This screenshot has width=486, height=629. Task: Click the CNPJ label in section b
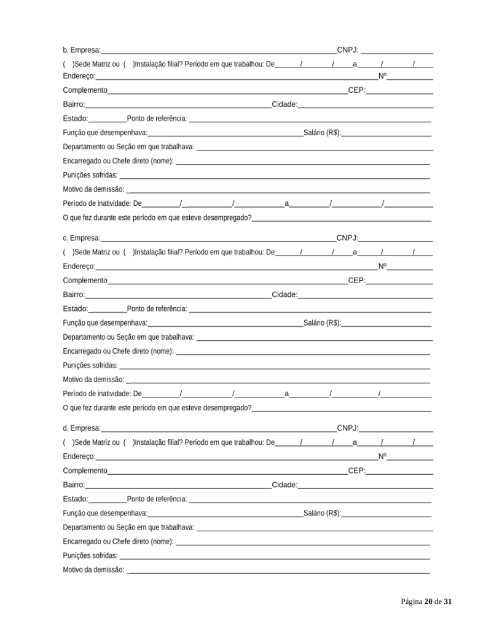[x=347, y=50]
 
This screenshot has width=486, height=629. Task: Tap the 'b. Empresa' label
[x=82, y=50]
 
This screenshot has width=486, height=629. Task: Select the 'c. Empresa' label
[x=82, y=238]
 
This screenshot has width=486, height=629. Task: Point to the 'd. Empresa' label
[x=82, y=428]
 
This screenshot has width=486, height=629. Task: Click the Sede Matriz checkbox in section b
[x=68, y=63]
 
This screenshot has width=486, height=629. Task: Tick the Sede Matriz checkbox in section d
[x=68, y=442]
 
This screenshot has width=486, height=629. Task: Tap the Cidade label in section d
[x=284, y=485]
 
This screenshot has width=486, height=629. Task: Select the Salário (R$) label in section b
[x=322, y=133]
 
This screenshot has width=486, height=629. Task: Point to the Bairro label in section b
[x=74, y=104]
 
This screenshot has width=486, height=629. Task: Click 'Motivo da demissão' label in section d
[x=93, y=570]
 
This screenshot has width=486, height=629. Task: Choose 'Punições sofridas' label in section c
[x=90, y=365]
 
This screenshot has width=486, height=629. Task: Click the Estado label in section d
[x=75, y=499]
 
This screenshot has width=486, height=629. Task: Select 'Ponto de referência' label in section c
[x=157, y=309]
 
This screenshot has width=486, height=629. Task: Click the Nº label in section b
[x=382, y=77]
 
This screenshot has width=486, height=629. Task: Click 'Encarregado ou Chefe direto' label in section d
[x=118, y=542]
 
